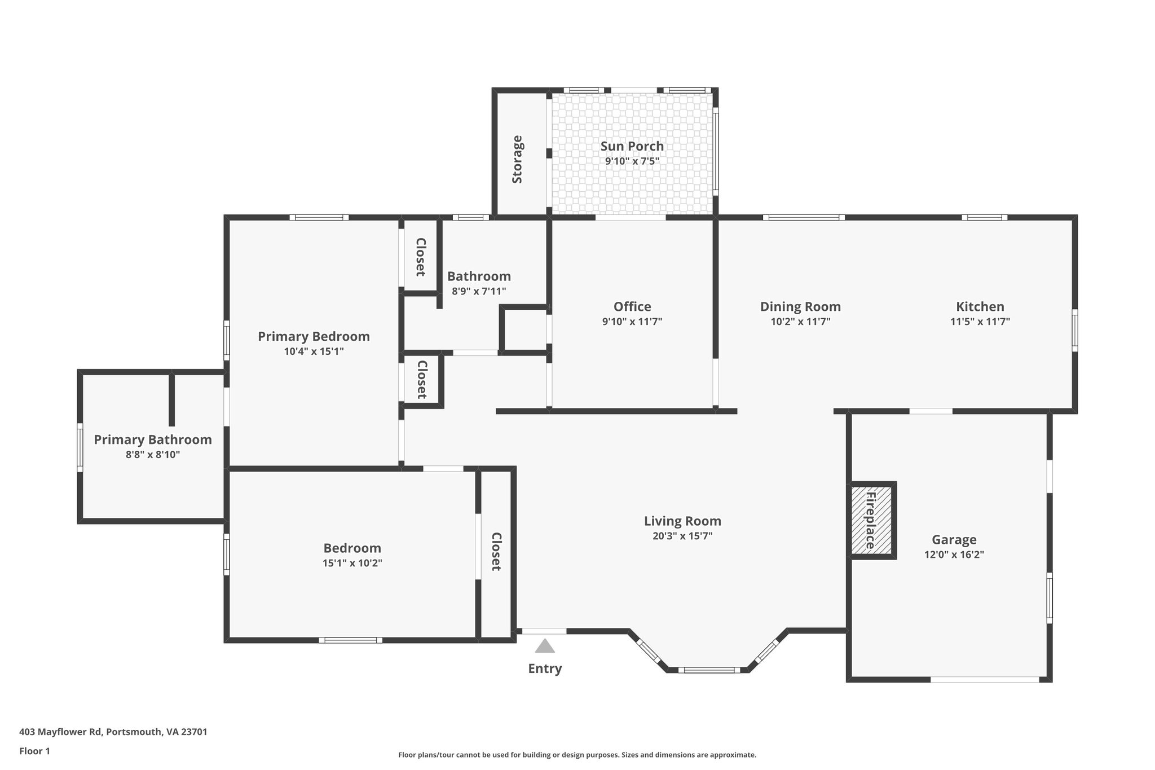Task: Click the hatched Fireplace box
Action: [872, 520]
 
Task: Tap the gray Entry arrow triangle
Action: [544, 646]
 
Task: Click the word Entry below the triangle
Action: [545, 668]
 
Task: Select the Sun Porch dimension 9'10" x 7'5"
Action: [632, 161]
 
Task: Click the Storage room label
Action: [517, 160]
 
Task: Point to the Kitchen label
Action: [980, 307]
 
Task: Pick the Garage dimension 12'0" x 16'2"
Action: [954, 555]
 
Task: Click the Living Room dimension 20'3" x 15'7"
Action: [682, 536]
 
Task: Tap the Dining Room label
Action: [800, 307]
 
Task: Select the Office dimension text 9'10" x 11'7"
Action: [632, 322]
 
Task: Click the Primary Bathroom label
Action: [152, 439]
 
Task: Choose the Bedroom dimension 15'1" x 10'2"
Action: [352, 563]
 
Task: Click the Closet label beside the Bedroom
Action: [496, 552]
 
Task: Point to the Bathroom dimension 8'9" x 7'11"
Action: [479, 292]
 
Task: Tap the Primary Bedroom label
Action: [314, 337]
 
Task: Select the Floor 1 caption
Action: [34, 751]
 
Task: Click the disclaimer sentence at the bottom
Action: [577, 755]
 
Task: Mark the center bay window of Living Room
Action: [709, 670]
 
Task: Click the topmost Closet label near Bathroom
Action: [420, 257]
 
